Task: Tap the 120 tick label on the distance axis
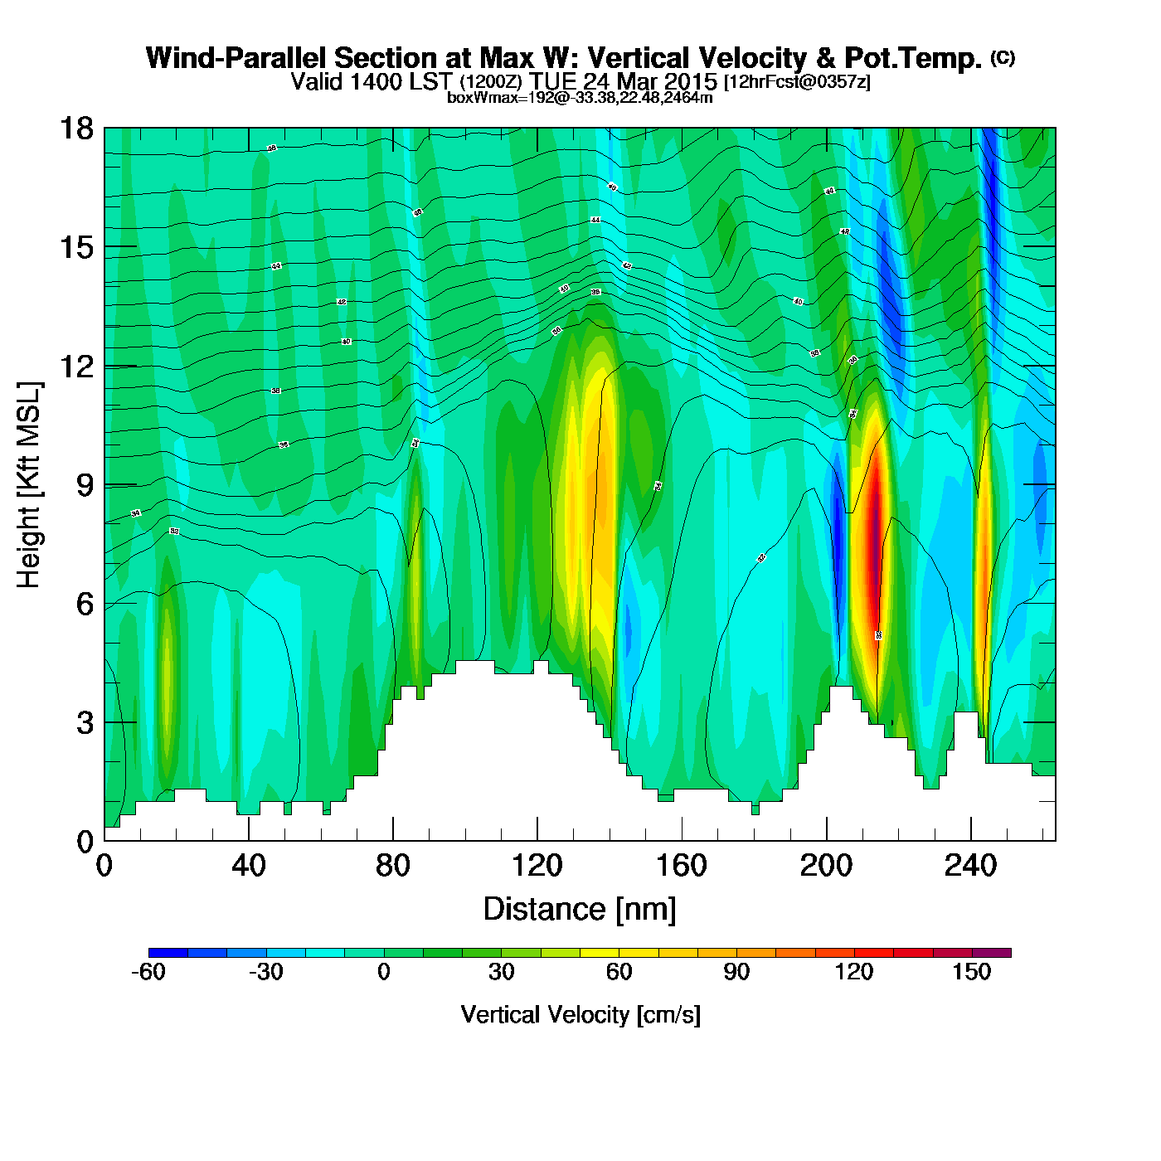pyautogui.click(x=537, y=867)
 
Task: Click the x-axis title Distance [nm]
pyautogui.click(x=580, y=910)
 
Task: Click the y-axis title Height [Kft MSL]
pyautogui.click(x=29, y=485)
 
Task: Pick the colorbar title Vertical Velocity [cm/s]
pyautogui.click(x=580, y=1015)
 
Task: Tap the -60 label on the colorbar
pyautogui.click(x=148, y=973)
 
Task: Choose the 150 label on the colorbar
pyautogui.click(x=971, y=973)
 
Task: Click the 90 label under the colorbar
pyautogui.click(x=736, y=973)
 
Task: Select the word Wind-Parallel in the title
pyautogui.click(x=236, y=58)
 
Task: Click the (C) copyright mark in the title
pyautogui.click(x=1003, y=57)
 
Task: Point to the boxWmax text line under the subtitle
pyautogui.click(x=580, y=97)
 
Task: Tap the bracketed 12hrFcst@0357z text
pyautogui.click(x=797, y=82)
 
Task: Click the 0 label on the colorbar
pyautogui.click(x=383, y=973)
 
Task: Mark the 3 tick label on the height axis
pyautogui.click(x=85, y=723)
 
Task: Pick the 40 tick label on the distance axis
pyautogui.click(x=249, y=867)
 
